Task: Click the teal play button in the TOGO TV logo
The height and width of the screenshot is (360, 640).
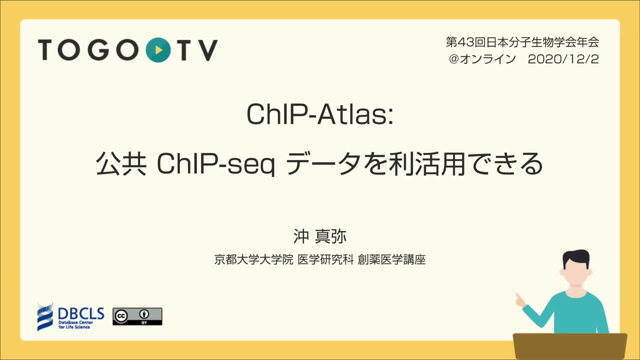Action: (x=158, y=50)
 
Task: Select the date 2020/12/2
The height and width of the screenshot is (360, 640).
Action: (x=563, y=59)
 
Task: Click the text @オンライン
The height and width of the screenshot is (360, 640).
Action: (x=482, y=59)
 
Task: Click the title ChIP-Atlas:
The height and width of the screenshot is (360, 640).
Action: (x=320, y=114)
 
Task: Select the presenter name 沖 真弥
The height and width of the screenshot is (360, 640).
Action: (x=319, y=236)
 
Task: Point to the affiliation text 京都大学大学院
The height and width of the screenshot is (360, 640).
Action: (x=253, y=259)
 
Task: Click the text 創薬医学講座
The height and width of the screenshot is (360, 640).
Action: (x=391, y=259)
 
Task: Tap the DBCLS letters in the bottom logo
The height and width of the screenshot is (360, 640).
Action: (x=81, y=313)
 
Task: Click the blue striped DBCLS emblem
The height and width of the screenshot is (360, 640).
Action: (x=45, y=317)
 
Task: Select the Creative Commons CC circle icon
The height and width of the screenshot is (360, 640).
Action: (x=121, y=315)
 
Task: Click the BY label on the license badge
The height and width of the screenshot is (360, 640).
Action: (x=144, y=322)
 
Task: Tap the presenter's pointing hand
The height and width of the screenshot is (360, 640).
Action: (x=520, y=300)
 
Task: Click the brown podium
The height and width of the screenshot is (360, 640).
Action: (x=569, y=346)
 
